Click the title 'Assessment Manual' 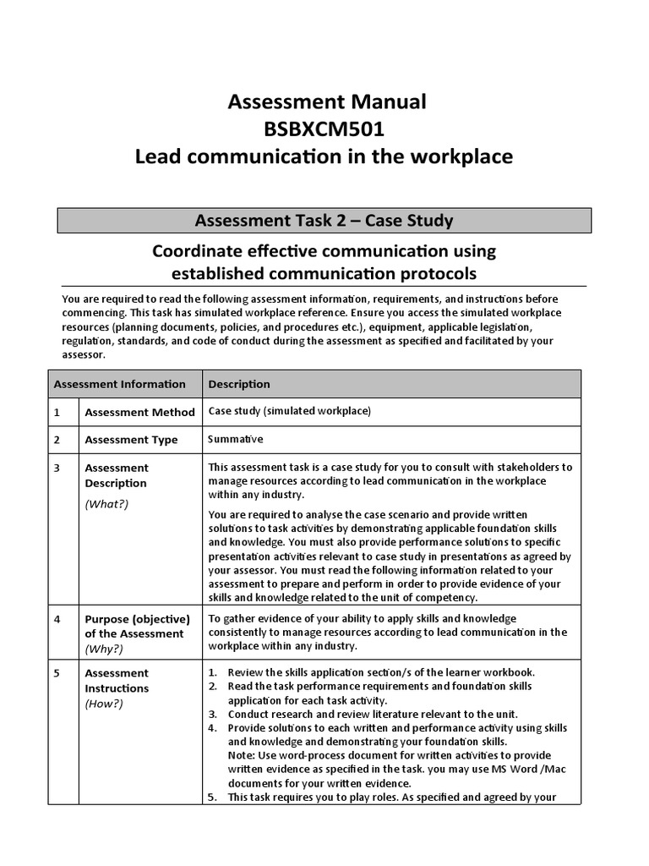click(327, 102)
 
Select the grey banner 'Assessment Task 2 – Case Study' click(324, 221)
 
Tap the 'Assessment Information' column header click(119, 384)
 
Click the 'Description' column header click(239, 384)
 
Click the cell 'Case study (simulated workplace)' click(289, 412)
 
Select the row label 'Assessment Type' click(131, 440)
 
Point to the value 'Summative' click(236, 439)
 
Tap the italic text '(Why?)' click(104, 649)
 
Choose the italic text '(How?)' click(104, 704)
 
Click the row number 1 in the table click(57, 413)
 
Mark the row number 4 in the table click(57, 619)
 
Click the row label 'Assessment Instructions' click(117, 681)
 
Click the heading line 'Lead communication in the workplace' click(324, 157)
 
